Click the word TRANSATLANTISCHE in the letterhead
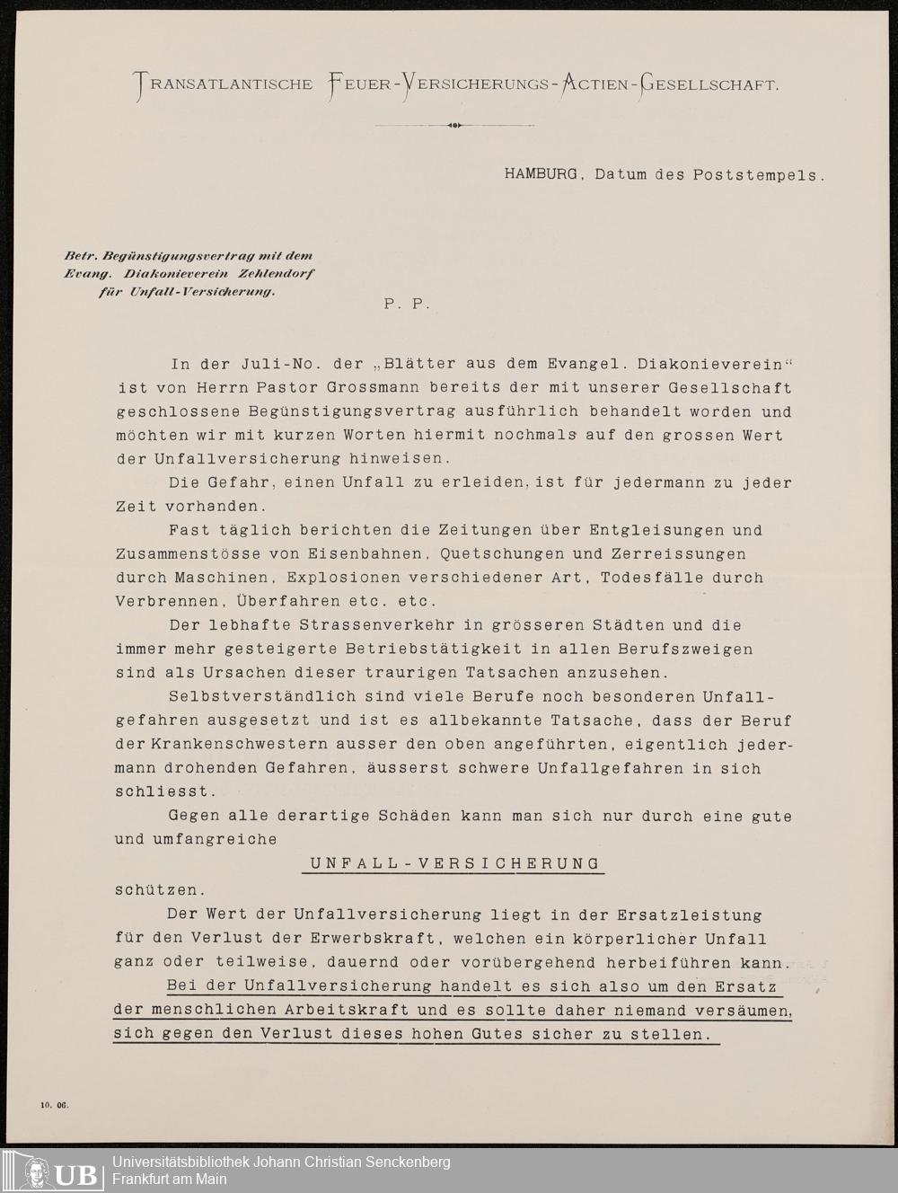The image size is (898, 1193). (224, 85)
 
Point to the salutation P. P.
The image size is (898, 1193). (407, 304)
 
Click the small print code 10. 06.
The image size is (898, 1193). (54, 1106)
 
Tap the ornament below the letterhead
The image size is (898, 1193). (454, 126)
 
